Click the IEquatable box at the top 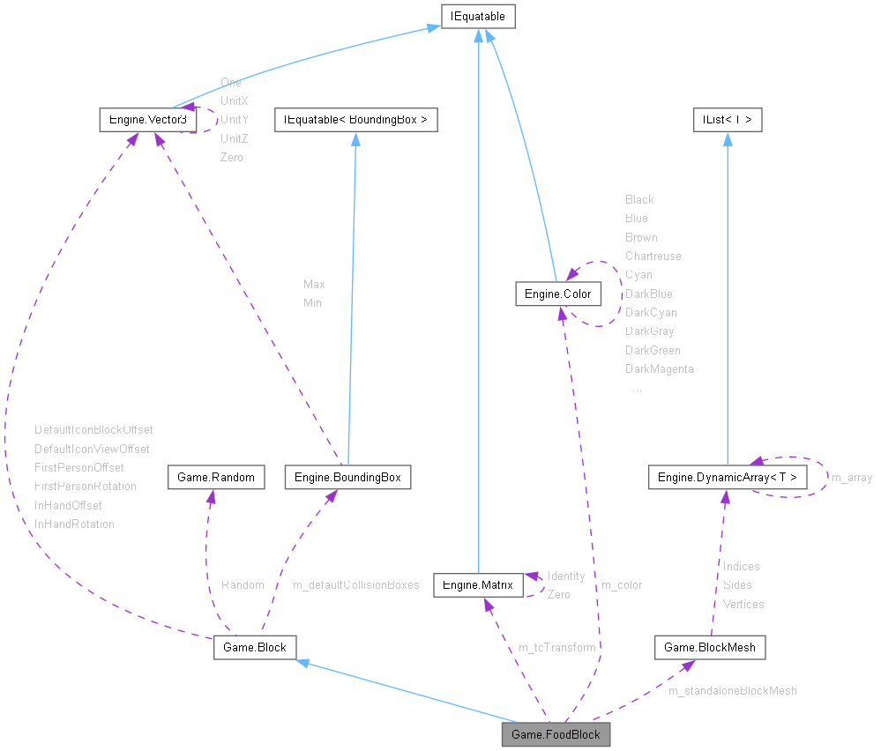click(x=478, y=16)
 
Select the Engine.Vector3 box click(x=146, y=118)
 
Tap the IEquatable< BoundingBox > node click(x=355, y=118)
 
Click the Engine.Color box click(x=557, y=294)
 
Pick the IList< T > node click(x=727, y=118)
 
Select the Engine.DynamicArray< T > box click(x=727, y=477)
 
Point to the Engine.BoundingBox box click(x=347, y=477)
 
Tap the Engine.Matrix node click(x=477, y=584)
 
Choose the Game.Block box click(x=255, y=647)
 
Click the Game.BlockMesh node click(x=709, y=647)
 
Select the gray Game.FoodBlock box click(x=556, y=734)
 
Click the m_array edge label click(x=852, y=478)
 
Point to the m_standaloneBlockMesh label click(x=733, y=691)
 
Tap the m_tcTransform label click(x=556, y=647)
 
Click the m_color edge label click(x=622, y=584)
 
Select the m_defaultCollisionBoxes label click(x=355, y=584)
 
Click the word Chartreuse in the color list click(x=653, y=256)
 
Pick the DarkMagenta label click(x=659, y=368)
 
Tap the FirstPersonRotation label click(x=86, y=486)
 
